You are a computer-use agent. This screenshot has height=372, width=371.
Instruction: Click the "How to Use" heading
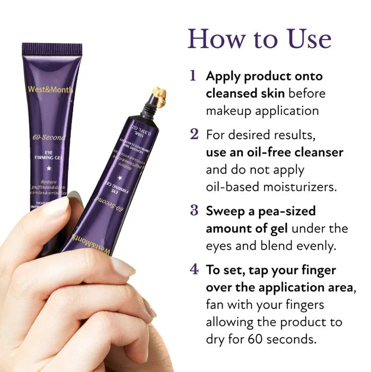coord(260,39)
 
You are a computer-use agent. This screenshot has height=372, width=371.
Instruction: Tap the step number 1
coord(193,76)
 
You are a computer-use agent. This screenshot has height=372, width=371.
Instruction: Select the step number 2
coord(194,134)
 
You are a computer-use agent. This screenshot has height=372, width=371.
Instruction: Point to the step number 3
coord(194,211)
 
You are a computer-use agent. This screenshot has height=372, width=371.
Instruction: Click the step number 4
coord(194,269)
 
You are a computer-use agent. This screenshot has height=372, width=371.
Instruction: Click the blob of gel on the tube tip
coord(158,97)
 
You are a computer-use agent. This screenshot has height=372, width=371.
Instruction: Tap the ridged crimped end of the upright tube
coord(52,49)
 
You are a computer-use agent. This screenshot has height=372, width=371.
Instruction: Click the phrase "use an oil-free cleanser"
coord(274,152)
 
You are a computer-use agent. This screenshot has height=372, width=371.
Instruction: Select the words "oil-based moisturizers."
coord(271,187)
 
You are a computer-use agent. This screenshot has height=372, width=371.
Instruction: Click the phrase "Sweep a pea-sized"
coord(261,211)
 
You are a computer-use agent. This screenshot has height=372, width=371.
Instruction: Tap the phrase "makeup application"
coord(262,111)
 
